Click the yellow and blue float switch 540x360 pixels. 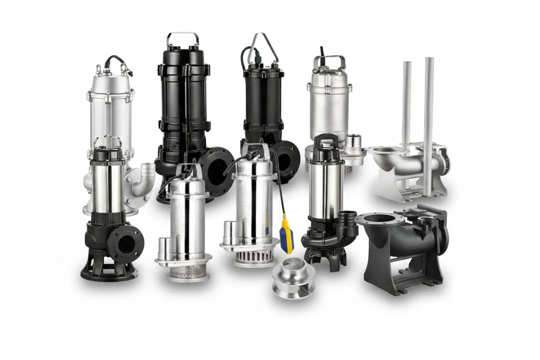(286, 235)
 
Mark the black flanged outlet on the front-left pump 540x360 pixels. (125, 244)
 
